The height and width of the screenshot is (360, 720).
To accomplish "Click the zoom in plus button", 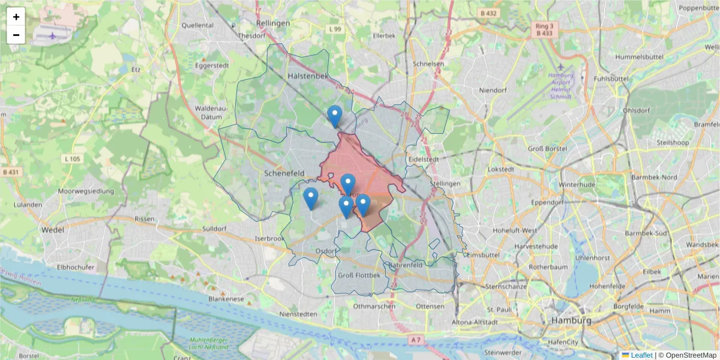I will pyautogui.click(x=16, y=17).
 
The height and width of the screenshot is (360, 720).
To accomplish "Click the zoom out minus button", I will pyautogui.click(x=16, y=35).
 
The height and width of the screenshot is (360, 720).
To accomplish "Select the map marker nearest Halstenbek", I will pyautogui.click(x=335, y=115).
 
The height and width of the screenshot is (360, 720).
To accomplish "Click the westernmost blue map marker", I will pyautogui.click(x=311, y=198).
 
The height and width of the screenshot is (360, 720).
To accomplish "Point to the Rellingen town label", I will pyautogui.click(x=273, y=23).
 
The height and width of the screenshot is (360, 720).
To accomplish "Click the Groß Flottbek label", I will pyautogui.click(x=359, y=275).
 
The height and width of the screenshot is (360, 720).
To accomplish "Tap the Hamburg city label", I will pyautogui.click(x=571, y=320).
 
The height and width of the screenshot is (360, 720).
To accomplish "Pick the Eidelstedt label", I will pyautogui.click(x=423, y=160).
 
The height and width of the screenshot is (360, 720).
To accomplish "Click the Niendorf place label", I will pyautogui.click(x=493, y=90).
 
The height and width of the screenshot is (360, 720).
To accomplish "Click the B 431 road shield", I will pyautogui.click(x=11, y=172).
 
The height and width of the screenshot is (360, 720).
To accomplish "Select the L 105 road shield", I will pyautogui.click(x=71, y=159).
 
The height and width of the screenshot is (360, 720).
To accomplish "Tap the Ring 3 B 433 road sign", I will pyautogui.click(x=544, y=29).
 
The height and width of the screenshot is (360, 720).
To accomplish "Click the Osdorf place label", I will pyautogui.click(x=325, y=251).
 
